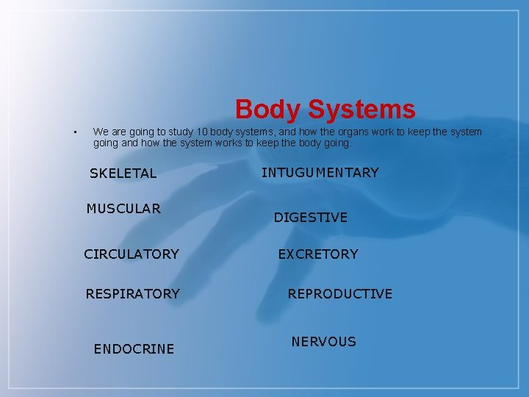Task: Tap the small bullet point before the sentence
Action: tap(76, 133)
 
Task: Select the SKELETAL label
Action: tap(123, 174)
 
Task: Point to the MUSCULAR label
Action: tap(123, 209)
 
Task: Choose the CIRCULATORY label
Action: tap(132, 254)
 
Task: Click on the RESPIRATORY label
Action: tap(132, 294)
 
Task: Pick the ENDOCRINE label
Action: tap(134, 349)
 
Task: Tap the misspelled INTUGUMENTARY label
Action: tap(320, 173)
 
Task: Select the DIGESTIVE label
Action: tap(311, 218)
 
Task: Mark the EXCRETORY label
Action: tap(318, 254)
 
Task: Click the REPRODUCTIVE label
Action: tap(340, 294)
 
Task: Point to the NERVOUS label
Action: tap(324, 342)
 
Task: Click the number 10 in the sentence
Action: tap(191, 132)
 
